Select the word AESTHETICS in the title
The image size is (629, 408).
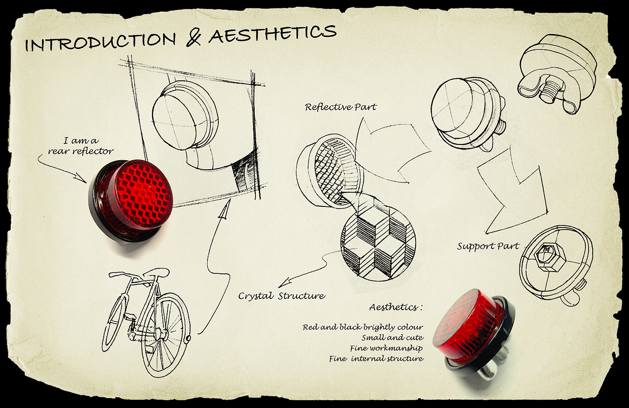coord(272,34)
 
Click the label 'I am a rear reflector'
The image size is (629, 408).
coord(81,146)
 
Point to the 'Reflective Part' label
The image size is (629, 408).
coord(341,107)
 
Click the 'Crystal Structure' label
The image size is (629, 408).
coord(282,296)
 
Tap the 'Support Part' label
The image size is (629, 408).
coord(488,246)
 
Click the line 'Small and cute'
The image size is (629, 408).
coord(392,338)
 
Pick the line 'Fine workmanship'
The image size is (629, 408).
coord(386,348)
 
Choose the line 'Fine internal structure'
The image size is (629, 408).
coord(376,359)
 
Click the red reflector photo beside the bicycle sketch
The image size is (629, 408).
coord(131,199)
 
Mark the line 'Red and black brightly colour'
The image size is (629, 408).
coord(363,327)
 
